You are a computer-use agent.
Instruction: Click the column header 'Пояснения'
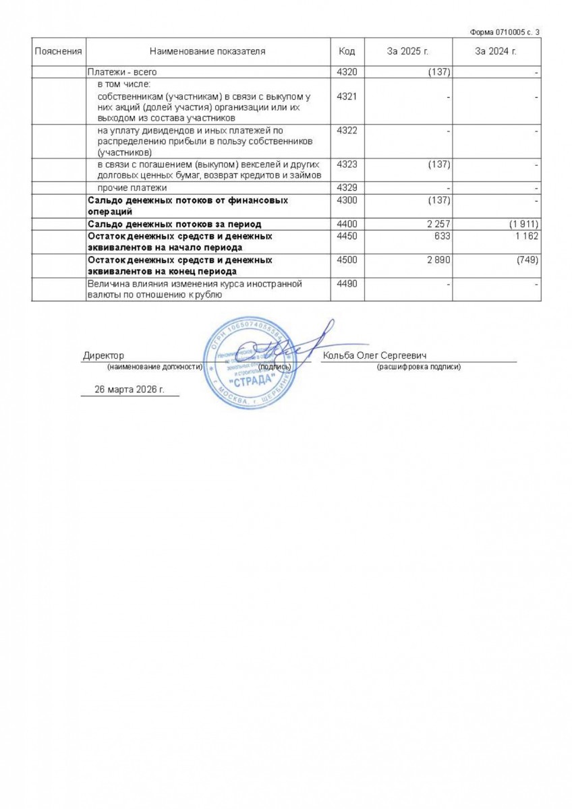click(x=59, y=51)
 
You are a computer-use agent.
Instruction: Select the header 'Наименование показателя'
click(x=207, y=51)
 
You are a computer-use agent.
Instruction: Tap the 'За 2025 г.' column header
click(x=407, y=51)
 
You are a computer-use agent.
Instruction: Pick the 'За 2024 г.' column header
click(x=496, y=51)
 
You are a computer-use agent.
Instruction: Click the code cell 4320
click(x=346, y=72)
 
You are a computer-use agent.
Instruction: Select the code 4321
click(x=346, y=96)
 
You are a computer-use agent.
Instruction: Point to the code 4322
click(x=346, y=130)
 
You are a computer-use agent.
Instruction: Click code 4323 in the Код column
click(x=346, y=164)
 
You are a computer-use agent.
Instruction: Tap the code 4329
click(x=346, y=187)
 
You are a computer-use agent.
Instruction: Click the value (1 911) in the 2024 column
click(x=523, y=224)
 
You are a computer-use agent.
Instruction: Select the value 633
click(x=442, y=237)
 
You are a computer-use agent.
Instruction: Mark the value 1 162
click(x=526, y=237)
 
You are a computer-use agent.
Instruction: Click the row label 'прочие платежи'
click(x=132, y=187)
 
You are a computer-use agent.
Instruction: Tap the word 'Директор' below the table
click(x=103, y=356)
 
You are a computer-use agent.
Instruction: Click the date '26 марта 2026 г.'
click(x=130, y=390)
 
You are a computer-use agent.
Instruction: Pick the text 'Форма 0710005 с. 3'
click(x=505, y=32)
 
